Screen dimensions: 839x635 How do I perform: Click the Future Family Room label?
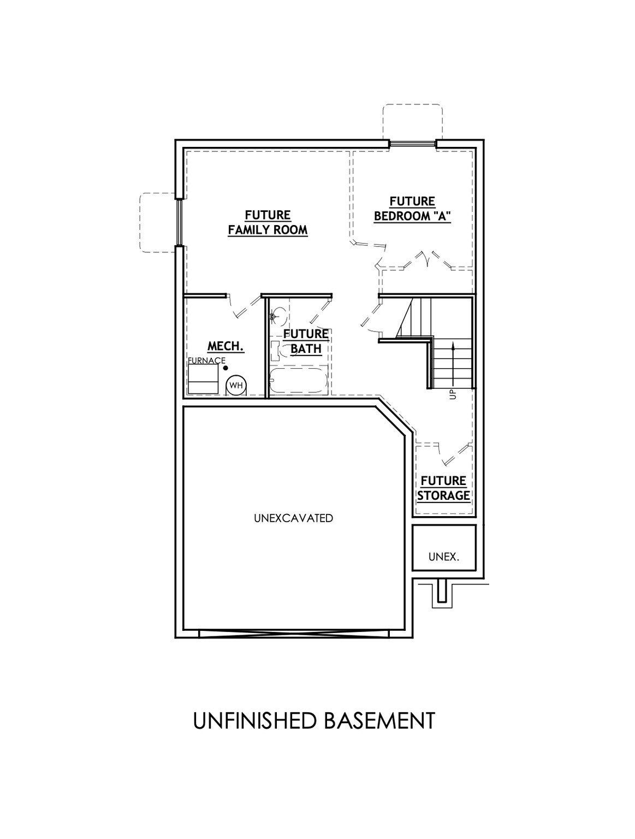(x=268, y=222)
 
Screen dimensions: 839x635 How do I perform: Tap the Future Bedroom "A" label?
(x=412, y=209)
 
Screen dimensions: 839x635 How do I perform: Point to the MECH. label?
(x=225, y=346)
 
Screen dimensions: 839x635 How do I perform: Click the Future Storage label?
(x=443, y=488)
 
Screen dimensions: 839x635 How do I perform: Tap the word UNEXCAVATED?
(x=293, y=518)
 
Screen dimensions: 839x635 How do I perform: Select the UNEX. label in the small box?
(x=444, y=557)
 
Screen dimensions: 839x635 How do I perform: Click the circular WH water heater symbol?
(x=236, y=386)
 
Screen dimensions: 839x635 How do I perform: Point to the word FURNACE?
(x=206, y=361)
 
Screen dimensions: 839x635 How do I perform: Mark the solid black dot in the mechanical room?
(x=225, y=368)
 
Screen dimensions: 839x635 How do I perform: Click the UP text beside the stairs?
(x=453, y=394)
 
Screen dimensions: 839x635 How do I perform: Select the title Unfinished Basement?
(x=314, y=720)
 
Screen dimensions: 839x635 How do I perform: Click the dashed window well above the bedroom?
(x=412, y=122)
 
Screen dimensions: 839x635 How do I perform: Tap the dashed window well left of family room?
(x=158, y=222)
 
